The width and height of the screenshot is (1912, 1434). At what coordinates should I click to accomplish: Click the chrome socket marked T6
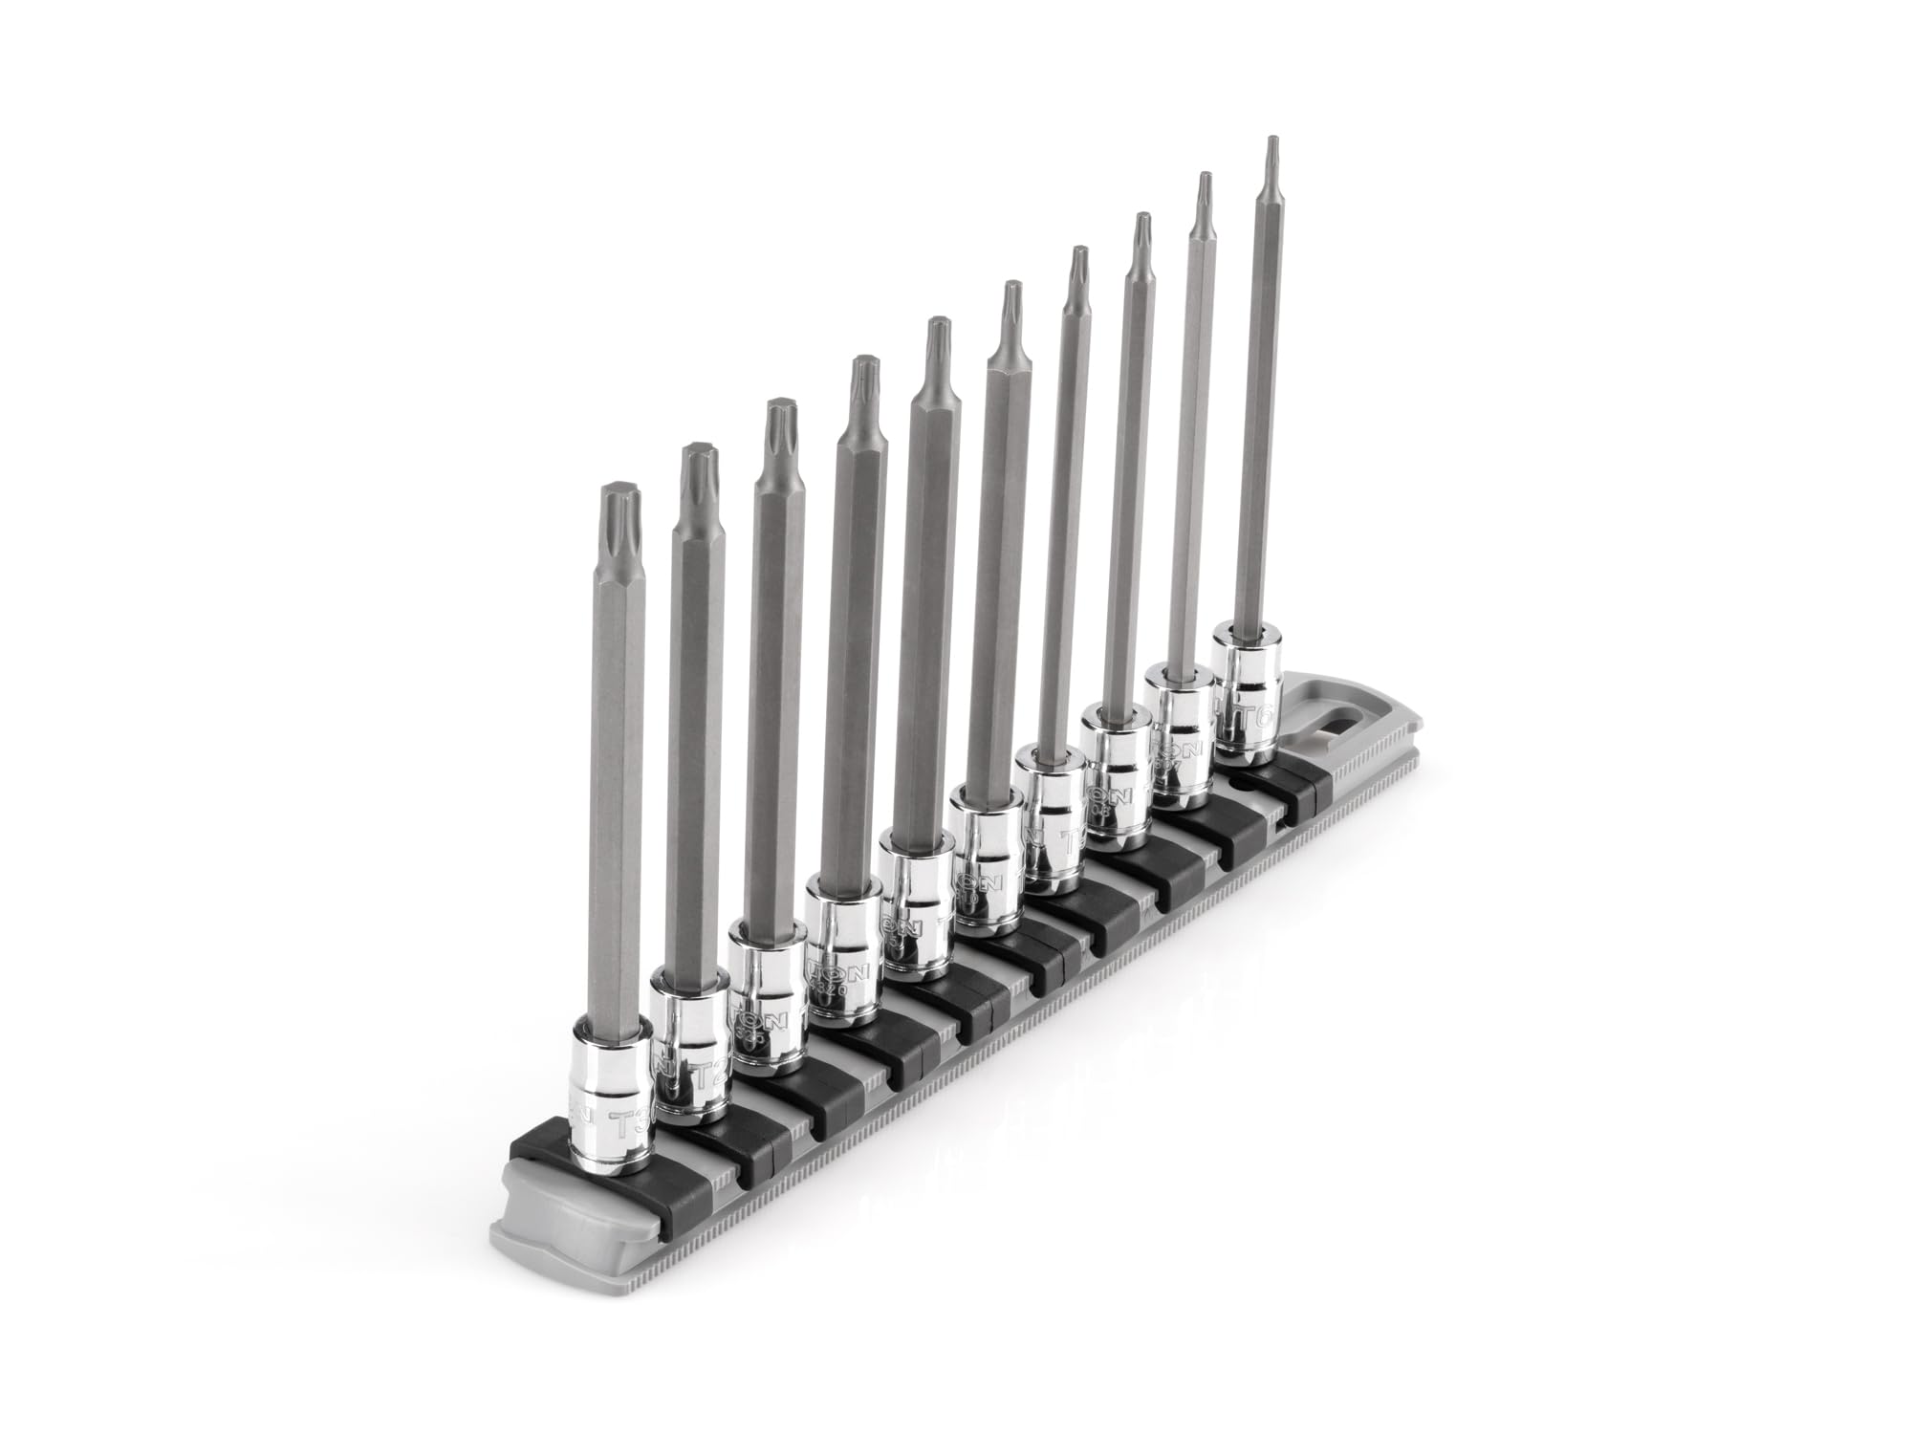tap(1249, 703)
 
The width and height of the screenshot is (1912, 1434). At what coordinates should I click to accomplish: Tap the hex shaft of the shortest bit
tap(621, 813)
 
